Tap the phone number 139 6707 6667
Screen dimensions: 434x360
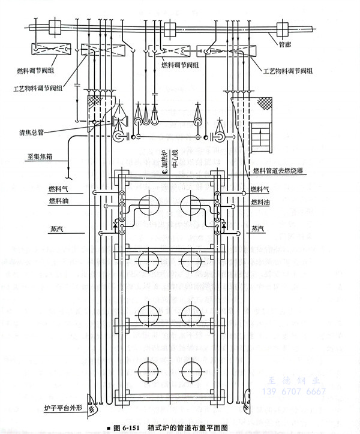point(294,392)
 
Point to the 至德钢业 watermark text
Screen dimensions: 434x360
point(295,381)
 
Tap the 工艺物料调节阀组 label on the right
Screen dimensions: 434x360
point(287,71)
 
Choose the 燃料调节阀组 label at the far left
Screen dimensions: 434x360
point(38,70)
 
